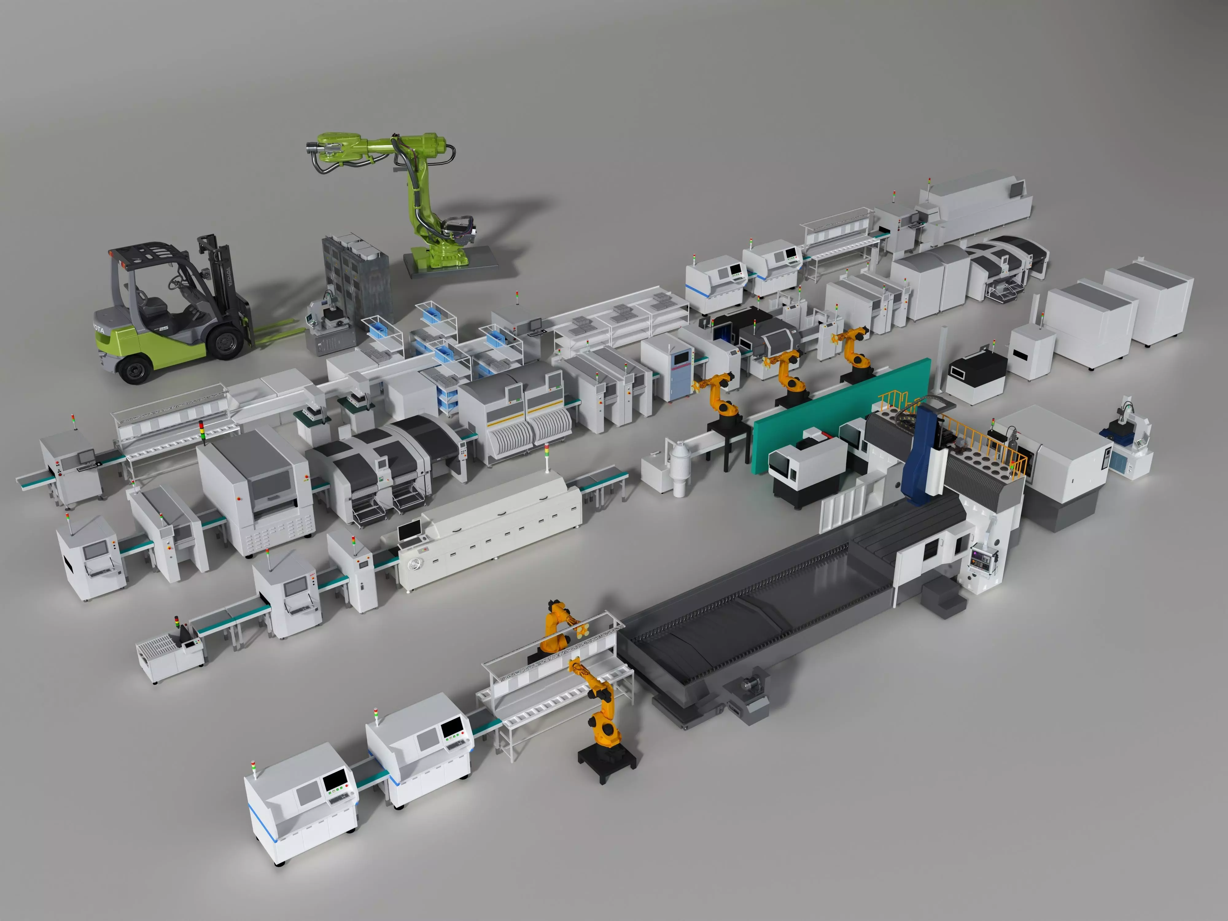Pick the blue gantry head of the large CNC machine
click(x=922, y=455)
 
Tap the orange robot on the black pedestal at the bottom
click(x=602, y=716)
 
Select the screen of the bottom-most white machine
click(x=335, y=780)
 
